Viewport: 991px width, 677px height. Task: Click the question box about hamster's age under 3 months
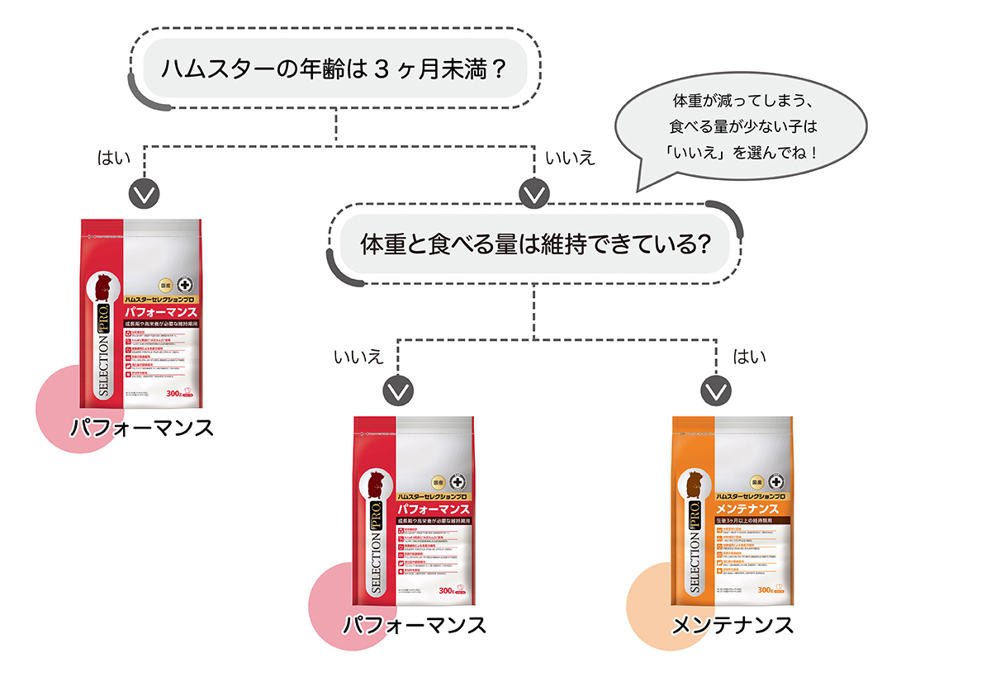[x=334, y=66]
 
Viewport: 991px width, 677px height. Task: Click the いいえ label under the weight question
[x=358, y=357]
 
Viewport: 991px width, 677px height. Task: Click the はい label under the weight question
[x=750, y=357]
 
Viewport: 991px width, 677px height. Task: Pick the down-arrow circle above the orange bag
[x=716, y=389]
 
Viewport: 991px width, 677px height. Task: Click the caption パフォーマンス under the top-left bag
[x=142, y=428]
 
